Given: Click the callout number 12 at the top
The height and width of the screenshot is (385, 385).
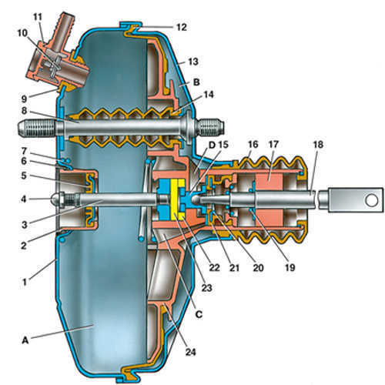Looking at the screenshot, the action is click(x=182, y=27).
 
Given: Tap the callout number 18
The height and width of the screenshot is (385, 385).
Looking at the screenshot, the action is click(x=318, y=144).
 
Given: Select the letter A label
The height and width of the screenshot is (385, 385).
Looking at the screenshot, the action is click(x=25, y=340).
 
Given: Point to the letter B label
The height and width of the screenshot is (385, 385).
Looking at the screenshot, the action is click(x=196, y=82).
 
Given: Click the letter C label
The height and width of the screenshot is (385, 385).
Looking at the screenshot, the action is click(x=199, y=314).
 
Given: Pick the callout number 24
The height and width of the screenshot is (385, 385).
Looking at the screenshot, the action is click(x=190, y=352).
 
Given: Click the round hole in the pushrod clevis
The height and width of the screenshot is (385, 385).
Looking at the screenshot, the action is click(x=372, y=200).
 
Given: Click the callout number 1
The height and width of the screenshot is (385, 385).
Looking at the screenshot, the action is click(x=25, y=282).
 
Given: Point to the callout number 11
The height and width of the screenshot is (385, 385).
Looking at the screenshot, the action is click(x=38, y=17).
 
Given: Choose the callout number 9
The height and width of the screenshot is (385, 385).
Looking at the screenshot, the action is click(x=24, y=99).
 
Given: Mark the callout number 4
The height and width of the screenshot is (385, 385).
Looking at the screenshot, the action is click(x=24, y=199).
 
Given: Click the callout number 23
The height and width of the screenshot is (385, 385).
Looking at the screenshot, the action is click(x=207, y=288).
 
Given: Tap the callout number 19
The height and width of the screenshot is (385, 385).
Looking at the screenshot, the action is click(x=290, y=268).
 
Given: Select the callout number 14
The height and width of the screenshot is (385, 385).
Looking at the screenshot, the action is click(x=209, y=95).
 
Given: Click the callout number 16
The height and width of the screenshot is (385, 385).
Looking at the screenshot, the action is click(x=253, y=144).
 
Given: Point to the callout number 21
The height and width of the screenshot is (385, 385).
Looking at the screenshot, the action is click(x=234, y=268).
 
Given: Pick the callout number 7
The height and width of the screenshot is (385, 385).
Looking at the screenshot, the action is click(x=24, y=151).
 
